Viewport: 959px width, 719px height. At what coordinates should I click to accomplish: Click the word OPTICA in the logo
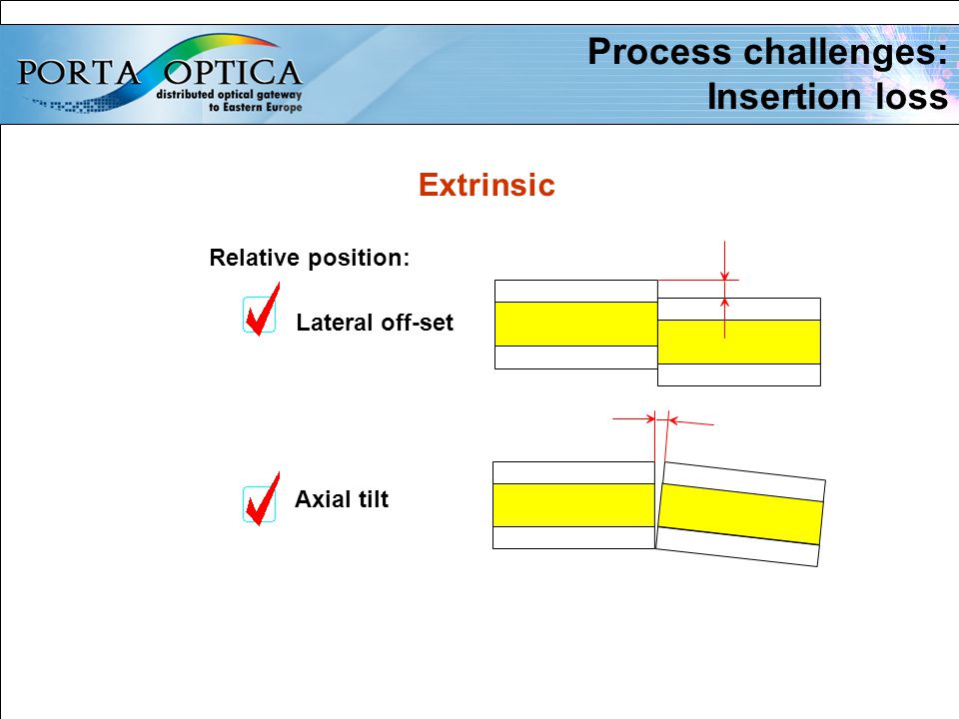pyautogui.click(x=233, y=73)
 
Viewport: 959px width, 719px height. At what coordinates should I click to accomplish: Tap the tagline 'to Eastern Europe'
pyautogui.click(x=256, y=108)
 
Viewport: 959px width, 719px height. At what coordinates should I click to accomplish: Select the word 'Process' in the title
pyautogui.click(x=659, y=52)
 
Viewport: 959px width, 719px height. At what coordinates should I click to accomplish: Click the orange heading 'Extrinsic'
pyautogui.click(x=486, y=185)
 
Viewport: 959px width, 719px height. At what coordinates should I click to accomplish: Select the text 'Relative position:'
pyautogui.click(x=310, y=258)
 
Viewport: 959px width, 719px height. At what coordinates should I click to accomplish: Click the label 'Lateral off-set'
pyautogui.click(x=375, y=323)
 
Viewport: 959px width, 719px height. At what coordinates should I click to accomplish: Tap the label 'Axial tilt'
pyautogui.click(x=342, y=499)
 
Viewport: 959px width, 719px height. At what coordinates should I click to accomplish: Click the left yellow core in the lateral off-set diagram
pyautogui.click(x=576, y=324)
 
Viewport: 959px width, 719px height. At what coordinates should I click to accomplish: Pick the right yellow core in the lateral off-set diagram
pyautogui.click(x=739, y=342)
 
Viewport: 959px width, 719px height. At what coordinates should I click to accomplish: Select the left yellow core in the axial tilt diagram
pyautogui.click(x=573, y=505)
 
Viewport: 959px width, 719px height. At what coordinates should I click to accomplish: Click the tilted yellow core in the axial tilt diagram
pyautogui.click(x=740, y=514)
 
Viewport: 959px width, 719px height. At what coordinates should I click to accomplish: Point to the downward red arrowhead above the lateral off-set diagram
pyautogui.click(x=725, y=277)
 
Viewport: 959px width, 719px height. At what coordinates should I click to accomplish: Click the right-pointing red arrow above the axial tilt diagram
pyautogui.click(x=633, y=418)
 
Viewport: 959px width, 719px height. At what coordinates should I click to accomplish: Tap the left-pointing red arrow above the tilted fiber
pyautogui.click(x=691, y=421)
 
